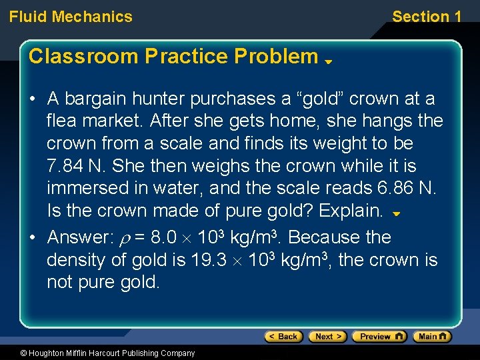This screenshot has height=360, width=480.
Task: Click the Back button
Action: pyautogui.click(x=284, y=337)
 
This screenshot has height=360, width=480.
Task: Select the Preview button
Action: pyautogui.click(x=379, y=337)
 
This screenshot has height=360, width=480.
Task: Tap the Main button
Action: pyautogui.click(x=432, y=337)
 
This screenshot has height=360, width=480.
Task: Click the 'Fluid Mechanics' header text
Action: pyautogui.click(x=71, y=17)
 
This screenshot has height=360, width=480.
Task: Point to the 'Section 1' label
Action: pyautogui.click(x=427, y=17)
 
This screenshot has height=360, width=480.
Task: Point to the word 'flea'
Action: pyautogui.click(x=61, y=121)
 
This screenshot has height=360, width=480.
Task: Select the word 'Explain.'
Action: pyautogui.click(x=351, y=211)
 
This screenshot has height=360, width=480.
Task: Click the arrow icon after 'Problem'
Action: pyautogui.click(x=328, y=61)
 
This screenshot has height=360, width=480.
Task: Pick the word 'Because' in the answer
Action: pyautogui.click(x=323, y=238)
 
